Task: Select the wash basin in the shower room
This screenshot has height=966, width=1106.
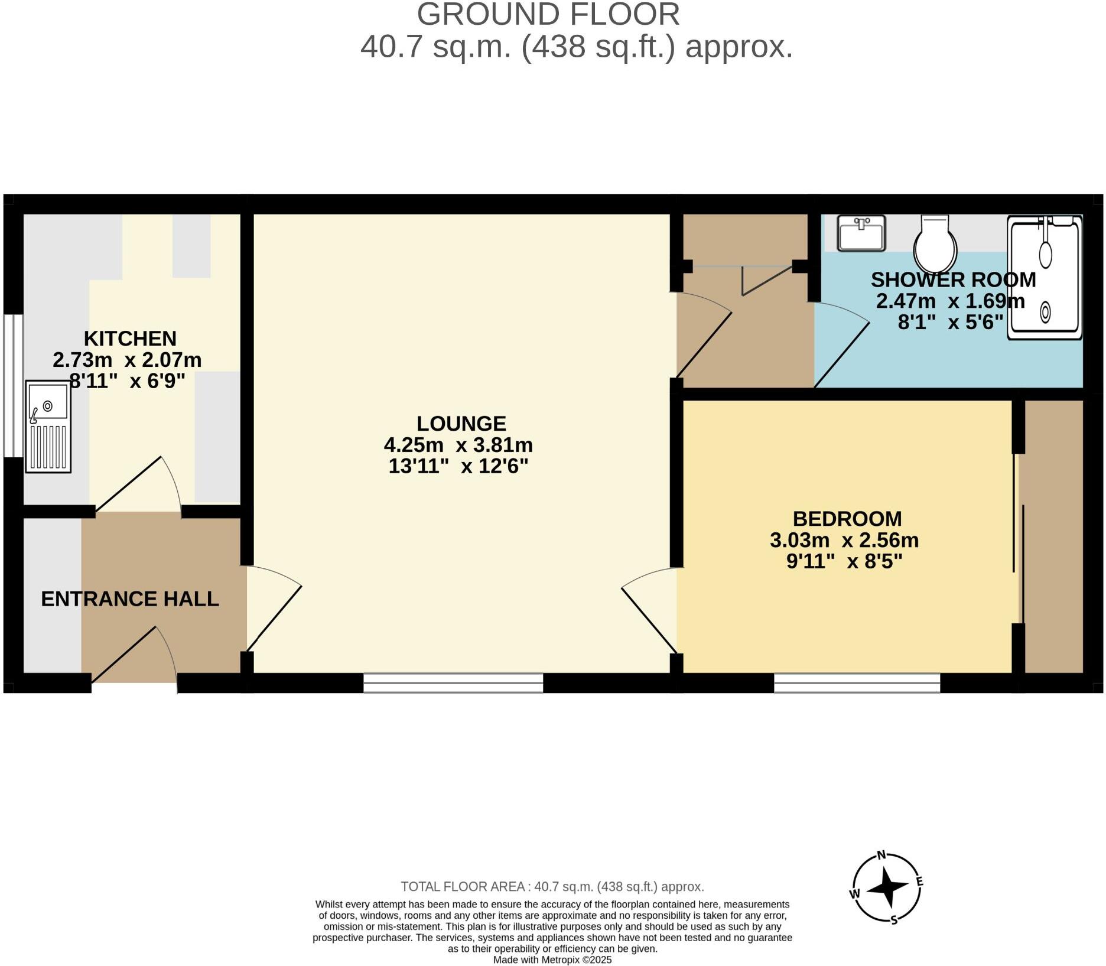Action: [861, 233]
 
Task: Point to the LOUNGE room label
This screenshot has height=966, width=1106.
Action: [461, 424]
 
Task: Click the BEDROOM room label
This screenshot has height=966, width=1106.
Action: [847, 519]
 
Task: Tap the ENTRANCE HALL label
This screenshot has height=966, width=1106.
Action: [130, 599]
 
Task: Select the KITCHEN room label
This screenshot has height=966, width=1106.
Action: [130, 339]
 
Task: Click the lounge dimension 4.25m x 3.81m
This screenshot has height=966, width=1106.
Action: [458, 444]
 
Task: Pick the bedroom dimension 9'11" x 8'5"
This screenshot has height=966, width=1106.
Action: [844, 561]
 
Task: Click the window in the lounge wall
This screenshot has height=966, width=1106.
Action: [453, 682]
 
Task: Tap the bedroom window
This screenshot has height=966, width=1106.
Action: [857, 683]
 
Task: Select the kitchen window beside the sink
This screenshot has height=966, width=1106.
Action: [13, 385]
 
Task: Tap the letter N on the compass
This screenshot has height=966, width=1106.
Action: [881, 854]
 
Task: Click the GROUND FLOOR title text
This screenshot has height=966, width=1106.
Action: [548, 14]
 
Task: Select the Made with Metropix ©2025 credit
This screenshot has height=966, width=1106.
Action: [552, 960]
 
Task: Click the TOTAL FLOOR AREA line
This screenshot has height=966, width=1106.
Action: [552, 886]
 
